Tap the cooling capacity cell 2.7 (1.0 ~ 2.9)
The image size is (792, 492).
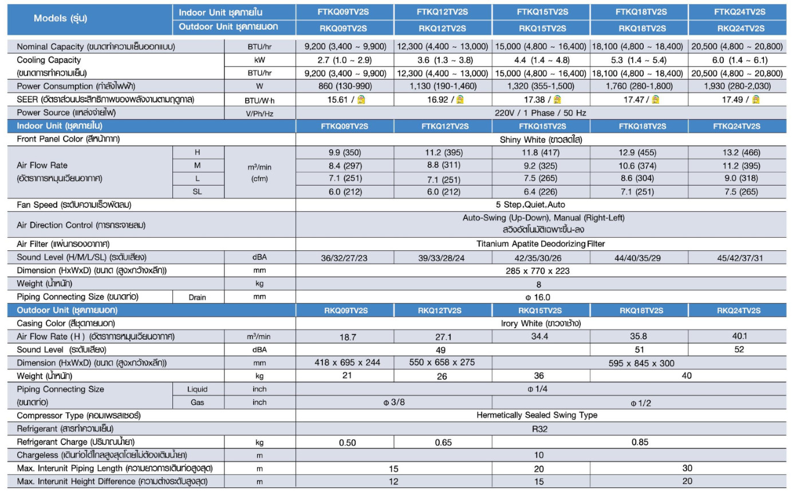point(345,60)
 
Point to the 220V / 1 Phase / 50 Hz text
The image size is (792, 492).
point(540,113)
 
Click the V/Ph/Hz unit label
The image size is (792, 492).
point(259,113)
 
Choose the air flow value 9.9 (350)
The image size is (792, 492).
point(345,152)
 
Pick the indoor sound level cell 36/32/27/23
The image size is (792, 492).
point(345,258)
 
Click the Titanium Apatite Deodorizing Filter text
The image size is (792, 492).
point(541,244)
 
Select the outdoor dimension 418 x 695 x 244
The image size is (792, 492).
point(345,363)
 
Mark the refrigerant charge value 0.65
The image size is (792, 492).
point(443,443)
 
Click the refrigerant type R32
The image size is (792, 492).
point(540,429)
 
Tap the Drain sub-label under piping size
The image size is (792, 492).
point(198,297)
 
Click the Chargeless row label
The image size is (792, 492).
point(101,455)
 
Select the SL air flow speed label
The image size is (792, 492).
point(198,192)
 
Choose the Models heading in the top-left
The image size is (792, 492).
point(61,18)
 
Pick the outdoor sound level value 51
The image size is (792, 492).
point(639,349)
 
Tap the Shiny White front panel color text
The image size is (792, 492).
point(540,139)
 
